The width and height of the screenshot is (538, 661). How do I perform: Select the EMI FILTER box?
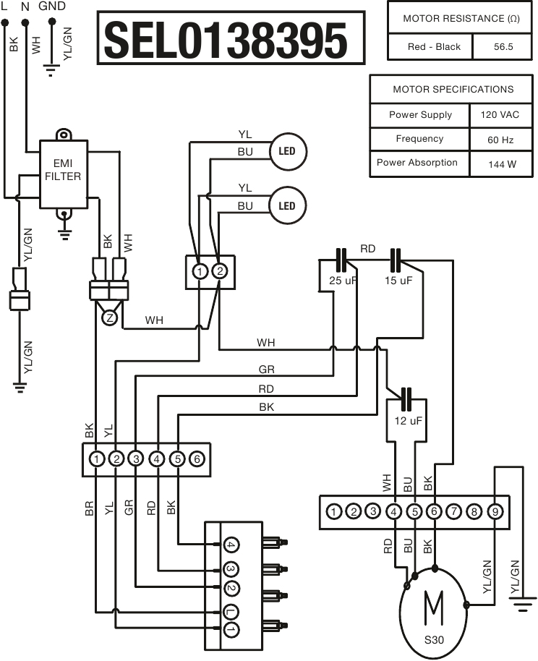[x=63, y=171]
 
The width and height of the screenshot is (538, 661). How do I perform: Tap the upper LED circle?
[x=287, y=151]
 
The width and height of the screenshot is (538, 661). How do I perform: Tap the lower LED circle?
[x=287, y=205]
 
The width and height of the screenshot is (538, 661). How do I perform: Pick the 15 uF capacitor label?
[x=398, y=280]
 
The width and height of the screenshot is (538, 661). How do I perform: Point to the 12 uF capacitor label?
[x=408, y=420]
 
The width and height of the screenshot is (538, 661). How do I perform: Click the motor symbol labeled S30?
[x=434, y=611]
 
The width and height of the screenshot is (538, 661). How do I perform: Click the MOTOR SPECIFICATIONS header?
[x=453, y=89]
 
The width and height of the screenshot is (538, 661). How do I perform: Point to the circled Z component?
[x=109, y=317]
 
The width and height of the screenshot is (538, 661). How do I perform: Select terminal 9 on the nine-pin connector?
[x=494, y=511]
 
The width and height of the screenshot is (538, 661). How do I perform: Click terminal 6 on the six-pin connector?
[x=197, y=459]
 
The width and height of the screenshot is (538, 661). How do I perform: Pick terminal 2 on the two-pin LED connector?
[x=219, y=272]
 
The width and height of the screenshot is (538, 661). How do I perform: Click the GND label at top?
[x=51, y=6]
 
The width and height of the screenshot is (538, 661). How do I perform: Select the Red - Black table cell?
[x=434, y=46]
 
